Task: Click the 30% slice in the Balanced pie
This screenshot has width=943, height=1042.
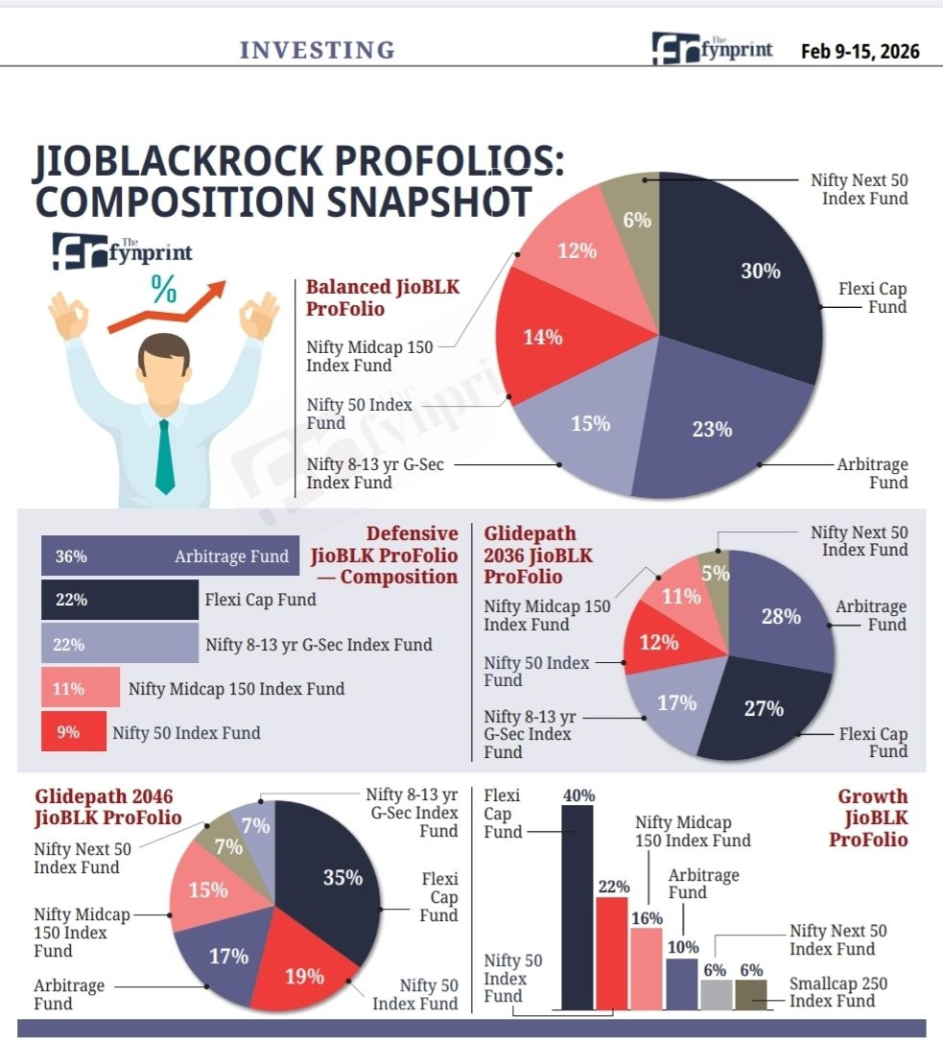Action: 744,272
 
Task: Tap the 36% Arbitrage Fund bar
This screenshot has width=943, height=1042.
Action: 170,556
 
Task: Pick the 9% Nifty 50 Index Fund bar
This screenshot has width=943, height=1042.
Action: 74,732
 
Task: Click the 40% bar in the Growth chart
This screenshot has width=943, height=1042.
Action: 578,908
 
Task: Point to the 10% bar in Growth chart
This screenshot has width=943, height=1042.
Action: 682,984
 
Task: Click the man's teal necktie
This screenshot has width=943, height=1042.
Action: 164,457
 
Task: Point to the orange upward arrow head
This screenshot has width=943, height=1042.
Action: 215,292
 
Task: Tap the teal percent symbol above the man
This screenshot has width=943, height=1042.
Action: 163,289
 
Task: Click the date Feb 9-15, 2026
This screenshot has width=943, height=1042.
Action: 860,51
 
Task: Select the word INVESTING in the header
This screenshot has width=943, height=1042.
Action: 317,50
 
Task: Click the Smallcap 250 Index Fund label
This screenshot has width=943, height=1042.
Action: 838,992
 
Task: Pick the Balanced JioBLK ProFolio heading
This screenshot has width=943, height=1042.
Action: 382,297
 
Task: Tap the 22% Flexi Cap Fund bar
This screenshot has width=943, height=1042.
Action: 120,600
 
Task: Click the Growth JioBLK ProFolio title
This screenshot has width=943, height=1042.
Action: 868,817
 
